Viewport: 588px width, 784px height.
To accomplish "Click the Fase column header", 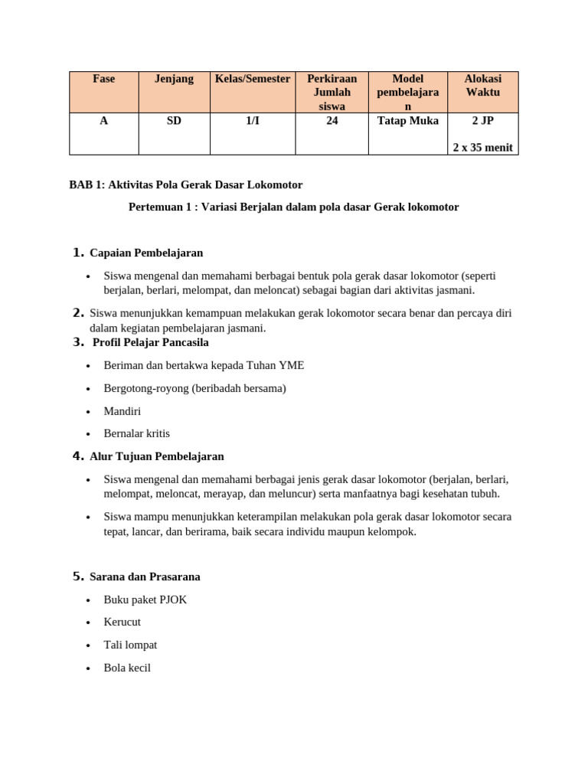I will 103,79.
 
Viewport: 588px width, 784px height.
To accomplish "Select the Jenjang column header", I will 174,79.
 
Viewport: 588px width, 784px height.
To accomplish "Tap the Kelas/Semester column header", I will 252,79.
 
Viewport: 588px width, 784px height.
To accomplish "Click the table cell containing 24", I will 332,121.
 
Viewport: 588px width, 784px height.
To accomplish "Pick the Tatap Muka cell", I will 407,121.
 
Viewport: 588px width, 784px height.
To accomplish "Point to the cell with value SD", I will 174,121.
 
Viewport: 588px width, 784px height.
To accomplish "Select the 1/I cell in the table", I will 252,121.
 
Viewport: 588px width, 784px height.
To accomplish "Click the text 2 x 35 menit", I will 482,147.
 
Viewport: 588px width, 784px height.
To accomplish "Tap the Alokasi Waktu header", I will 482,86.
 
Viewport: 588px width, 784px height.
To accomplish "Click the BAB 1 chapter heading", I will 185,185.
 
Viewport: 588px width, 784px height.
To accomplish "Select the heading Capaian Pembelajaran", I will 146,253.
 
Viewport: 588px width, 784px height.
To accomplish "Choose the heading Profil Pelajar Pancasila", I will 150,342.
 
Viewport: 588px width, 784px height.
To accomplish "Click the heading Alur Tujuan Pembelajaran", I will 157,456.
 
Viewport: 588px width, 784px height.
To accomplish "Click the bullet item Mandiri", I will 122,411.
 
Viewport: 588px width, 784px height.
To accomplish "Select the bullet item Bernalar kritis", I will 137,433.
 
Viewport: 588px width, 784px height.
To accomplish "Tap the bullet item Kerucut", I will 122,622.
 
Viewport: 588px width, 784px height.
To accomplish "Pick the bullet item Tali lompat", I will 130,645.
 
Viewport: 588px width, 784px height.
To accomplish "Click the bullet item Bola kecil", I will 127,668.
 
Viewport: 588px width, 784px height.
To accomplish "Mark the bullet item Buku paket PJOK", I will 145,599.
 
